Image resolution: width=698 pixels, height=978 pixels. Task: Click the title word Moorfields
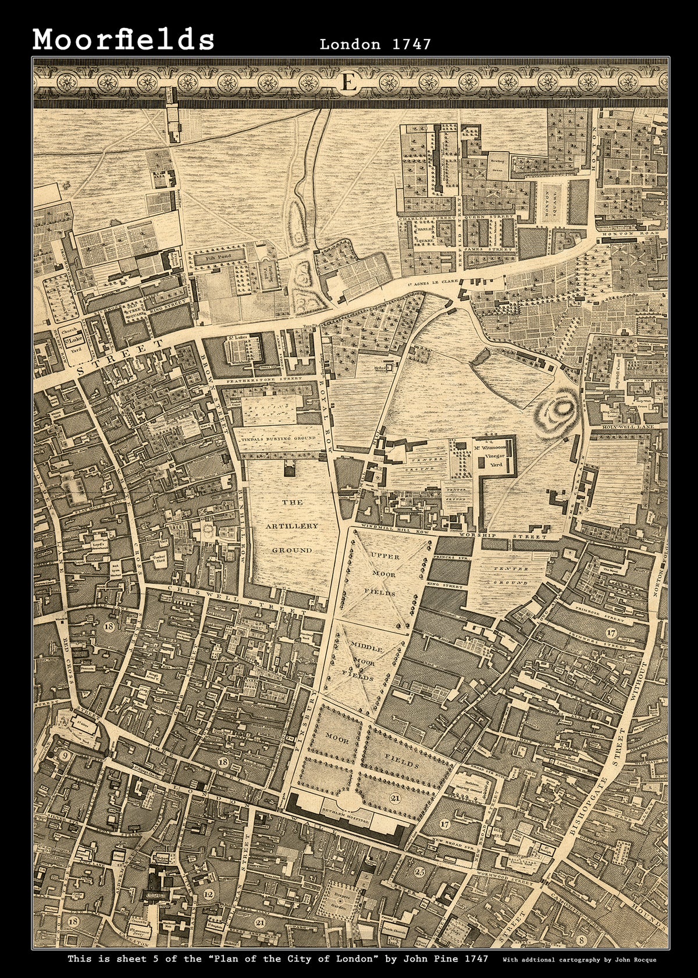pos(124,40)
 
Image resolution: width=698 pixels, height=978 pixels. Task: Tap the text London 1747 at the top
pos(375,44)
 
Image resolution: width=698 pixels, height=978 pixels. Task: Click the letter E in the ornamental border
pos(349,83)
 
